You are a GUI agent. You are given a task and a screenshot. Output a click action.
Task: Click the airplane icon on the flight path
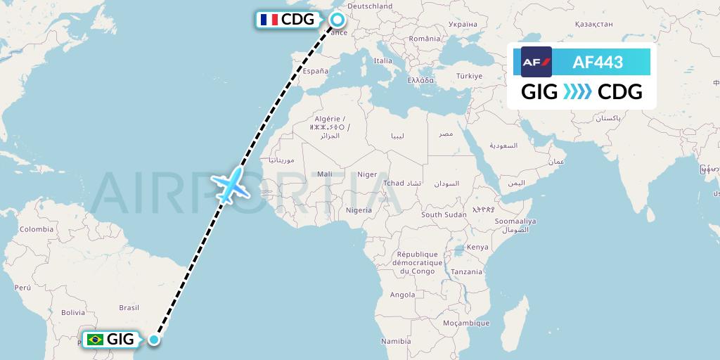pos(230,185)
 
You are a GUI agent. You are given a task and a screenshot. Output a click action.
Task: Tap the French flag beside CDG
pos(268,20)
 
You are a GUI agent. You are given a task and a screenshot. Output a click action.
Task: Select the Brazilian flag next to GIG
pos(94,340)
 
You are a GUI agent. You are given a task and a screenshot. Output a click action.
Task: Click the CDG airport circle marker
pos(337,20)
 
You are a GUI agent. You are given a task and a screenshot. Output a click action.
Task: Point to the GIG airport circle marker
pos(155,340)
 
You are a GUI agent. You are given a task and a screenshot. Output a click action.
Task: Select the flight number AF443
pos(598,62)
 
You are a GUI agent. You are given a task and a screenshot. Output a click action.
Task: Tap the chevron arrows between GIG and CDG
pos(577,92)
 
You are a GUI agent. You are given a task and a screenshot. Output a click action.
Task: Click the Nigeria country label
pos(359,210)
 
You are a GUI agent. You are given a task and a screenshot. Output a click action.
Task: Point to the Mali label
pos(325,174)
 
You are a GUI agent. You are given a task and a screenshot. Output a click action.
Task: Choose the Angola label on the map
pos(402,295)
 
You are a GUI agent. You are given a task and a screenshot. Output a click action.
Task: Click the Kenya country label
pos(477,247)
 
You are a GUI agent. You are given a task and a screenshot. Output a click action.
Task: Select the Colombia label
pos(36,229)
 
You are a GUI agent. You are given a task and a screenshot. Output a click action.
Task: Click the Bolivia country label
pos(72,312)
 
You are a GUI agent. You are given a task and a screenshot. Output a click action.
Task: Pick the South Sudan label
pos(444,214)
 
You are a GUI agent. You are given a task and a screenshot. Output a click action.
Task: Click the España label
pos(316,71)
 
